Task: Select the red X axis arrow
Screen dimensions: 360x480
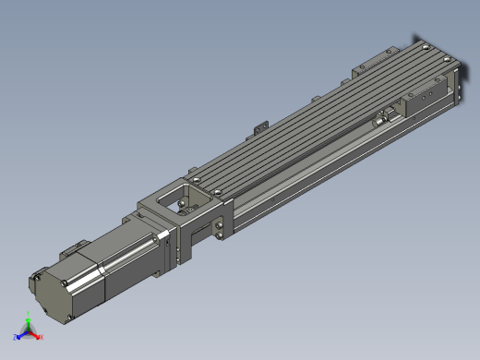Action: [36, 337]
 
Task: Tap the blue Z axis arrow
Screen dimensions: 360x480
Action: [21, 335]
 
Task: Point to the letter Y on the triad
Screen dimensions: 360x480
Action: [29, 316]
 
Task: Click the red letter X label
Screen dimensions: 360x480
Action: [42, 338]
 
